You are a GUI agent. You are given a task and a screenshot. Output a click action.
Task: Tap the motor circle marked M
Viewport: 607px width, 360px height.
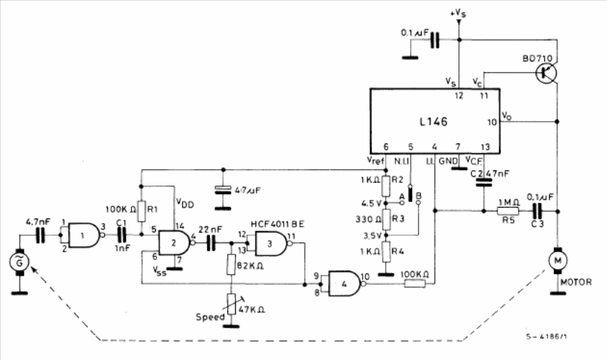point(558,256)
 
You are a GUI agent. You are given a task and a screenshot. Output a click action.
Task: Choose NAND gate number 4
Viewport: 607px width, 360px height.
point(344,282)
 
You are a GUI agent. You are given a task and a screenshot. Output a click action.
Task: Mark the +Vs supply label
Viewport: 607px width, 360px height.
point(457,12)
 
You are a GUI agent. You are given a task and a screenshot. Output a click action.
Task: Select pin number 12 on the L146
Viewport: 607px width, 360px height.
point(458,95)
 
